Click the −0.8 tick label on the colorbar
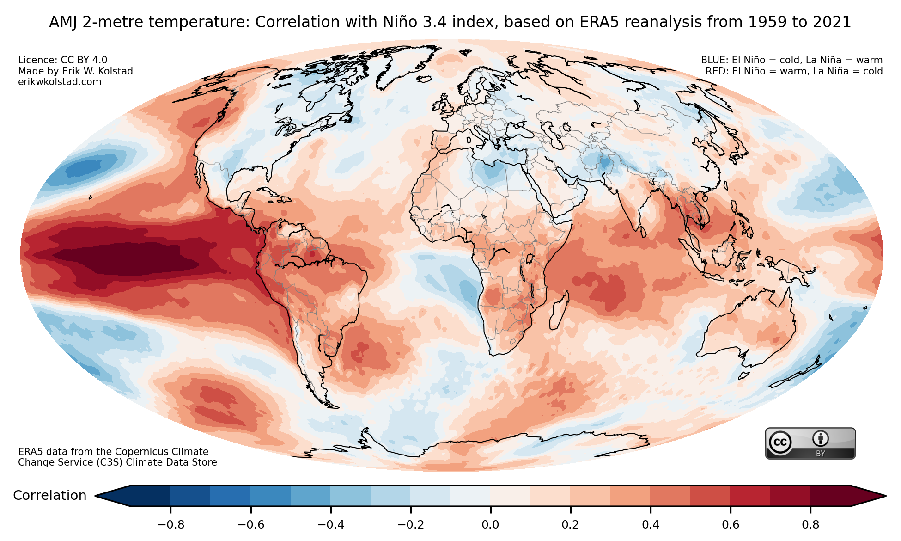click(x=171, y=525)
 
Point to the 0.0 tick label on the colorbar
click(x=490, y=525)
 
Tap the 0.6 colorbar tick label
click(x=731, y=525)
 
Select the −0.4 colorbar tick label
click(x=330, y=525)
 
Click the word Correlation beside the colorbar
click(x=50, y=496)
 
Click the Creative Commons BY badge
click(x=810, y=443)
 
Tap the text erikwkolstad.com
click(x=60, y=82)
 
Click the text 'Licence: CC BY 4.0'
click(x=62, y=60)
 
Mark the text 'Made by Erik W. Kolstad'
click(x=75, y=71)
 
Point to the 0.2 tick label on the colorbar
click(x=570, y=525)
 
